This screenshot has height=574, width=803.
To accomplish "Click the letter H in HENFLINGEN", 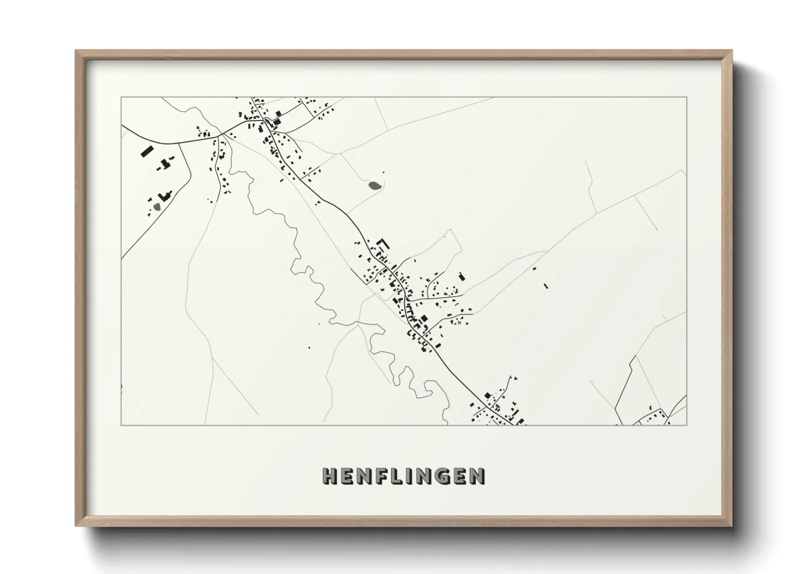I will (330, 476).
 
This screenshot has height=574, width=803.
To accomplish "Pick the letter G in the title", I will (444, 476).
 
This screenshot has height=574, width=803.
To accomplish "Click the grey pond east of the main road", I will (374, 186).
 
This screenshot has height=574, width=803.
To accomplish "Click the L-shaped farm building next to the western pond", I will (164, 195).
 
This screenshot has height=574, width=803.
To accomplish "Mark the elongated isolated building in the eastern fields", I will (546, 285).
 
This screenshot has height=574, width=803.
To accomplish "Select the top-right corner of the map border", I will (686, 98).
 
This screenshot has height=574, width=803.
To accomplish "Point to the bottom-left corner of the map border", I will (122, 425).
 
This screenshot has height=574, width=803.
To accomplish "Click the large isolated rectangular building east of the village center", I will (462, 276).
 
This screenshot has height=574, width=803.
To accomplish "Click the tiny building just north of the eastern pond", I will (384, 173).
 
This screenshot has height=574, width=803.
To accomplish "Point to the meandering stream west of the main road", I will (304, 271).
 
